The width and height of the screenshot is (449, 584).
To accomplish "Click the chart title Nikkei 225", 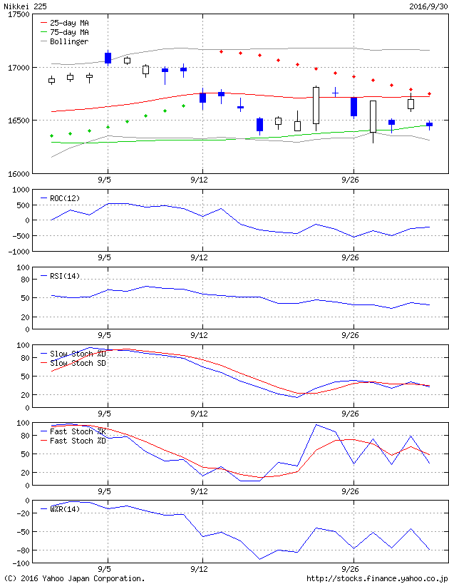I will coord(24,6).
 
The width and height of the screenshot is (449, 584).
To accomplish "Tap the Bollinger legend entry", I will coord(69,41).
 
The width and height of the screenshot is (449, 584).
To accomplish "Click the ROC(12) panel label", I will coord(64,198).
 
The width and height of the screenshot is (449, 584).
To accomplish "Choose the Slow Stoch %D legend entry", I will coord(78,354).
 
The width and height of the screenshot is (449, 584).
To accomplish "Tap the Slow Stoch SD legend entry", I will coord(78,363).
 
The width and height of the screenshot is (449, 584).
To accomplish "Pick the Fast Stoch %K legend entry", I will coord(78,431).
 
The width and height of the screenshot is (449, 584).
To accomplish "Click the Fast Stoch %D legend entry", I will coord(78,441).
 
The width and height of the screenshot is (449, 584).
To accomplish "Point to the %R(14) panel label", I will coord(64,509).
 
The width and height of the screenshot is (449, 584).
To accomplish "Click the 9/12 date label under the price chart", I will coord(199,180).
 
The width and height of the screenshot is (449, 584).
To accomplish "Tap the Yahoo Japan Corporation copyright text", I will coord(74,578).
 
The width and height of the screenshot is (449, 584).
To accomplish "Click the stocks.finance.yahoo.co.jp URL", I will coord(377,578).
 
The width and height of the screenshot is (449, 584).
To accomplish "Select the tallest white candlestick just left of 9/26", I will coord(316,106).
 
